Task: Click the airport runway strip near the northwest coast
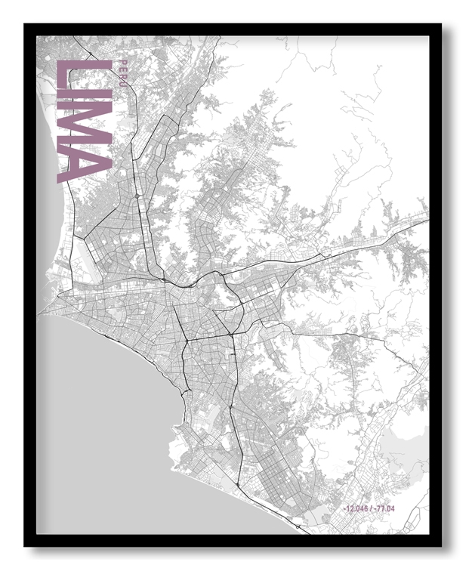pyautogui.click(x=78, y=261)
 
